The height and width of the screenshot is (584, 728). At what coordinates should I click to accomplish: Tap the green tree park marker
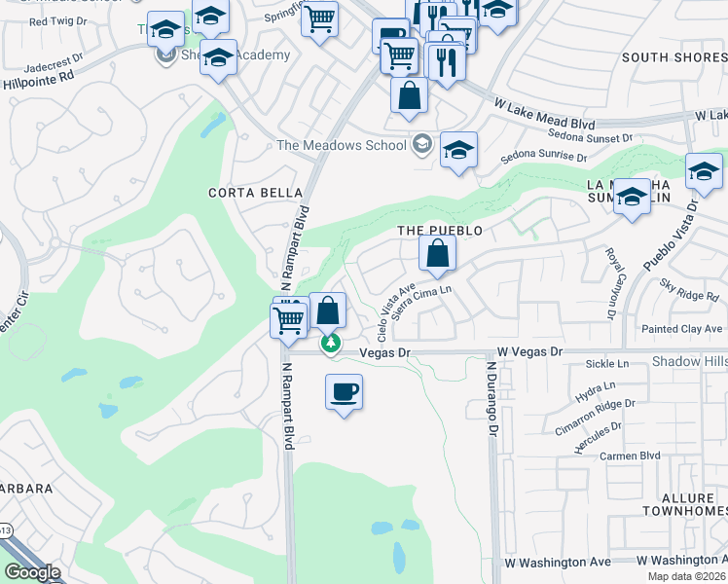point(332,343)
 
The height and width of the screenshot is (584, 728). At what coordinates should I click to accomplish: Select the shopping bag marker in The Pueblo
point(438,255)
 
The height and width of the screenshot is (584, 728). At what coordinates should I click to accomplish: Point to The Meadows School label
point(341,146)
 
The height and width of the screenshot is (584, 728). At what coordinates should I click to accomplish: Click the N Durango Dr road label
point(492,399)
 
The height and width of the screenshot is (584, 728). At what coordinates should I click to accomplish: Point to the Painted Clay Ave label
point(684,329)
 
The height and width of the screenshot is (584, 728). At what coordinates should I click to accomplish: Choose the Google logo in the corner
point(32,572)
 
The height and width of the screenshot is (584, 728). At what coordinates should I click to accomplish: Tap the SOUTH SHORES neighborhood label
point(673,57)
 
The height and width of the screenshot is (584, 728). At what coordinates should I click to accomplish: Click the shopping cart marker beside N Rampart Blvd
point(289,320)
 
